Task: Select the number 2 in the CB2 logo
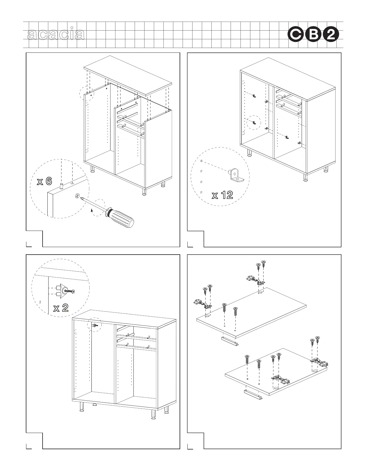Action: click(331, 35)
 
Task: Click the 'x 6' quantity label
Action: click(44, 181)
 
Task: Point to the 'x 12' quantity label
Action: click(222, 196)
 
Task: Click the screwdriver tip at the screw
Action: click(79, 197)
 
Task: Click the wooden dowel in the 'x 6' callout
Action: click(61, 185)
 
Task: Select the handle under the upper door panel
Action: click(230, 341)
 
